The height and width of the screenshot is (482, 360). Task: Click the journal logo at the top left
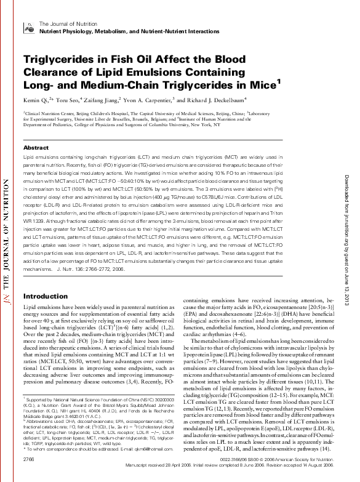click(28, 26)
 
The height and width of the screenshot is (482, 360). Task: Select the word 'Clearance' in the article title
click(52, 71)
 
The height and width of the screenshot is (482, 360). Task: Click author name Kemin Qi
click(36, 99)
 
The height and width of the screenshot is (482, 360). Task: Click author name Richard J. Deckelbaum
click(218, 99)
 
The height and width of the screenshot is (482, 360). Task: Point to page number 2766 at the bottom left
click(28, 459)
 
